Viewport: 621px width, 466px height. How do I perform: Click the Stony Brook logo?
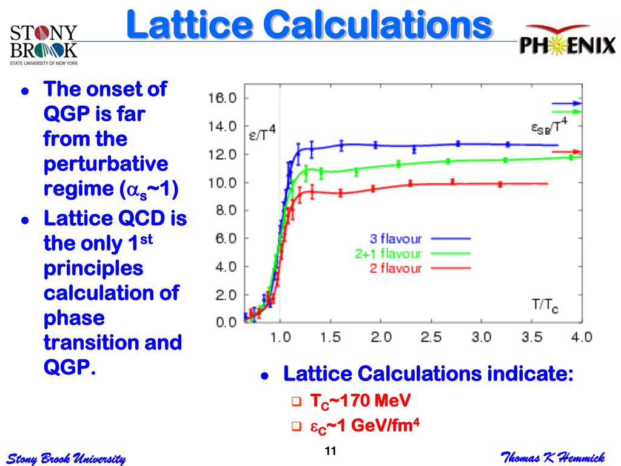[x=44, y=44]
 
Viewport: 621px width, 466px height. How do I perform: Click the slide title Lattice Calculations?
[x=309, y=25]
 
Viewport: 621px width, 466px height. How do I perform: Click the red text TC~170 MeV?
[x=360, y=402]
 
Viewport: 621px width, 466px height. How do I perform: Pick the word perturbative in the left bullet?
[x=106, y=164]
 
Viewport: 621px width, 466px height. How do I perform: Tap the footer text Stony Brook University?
[x=65, y=458]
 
